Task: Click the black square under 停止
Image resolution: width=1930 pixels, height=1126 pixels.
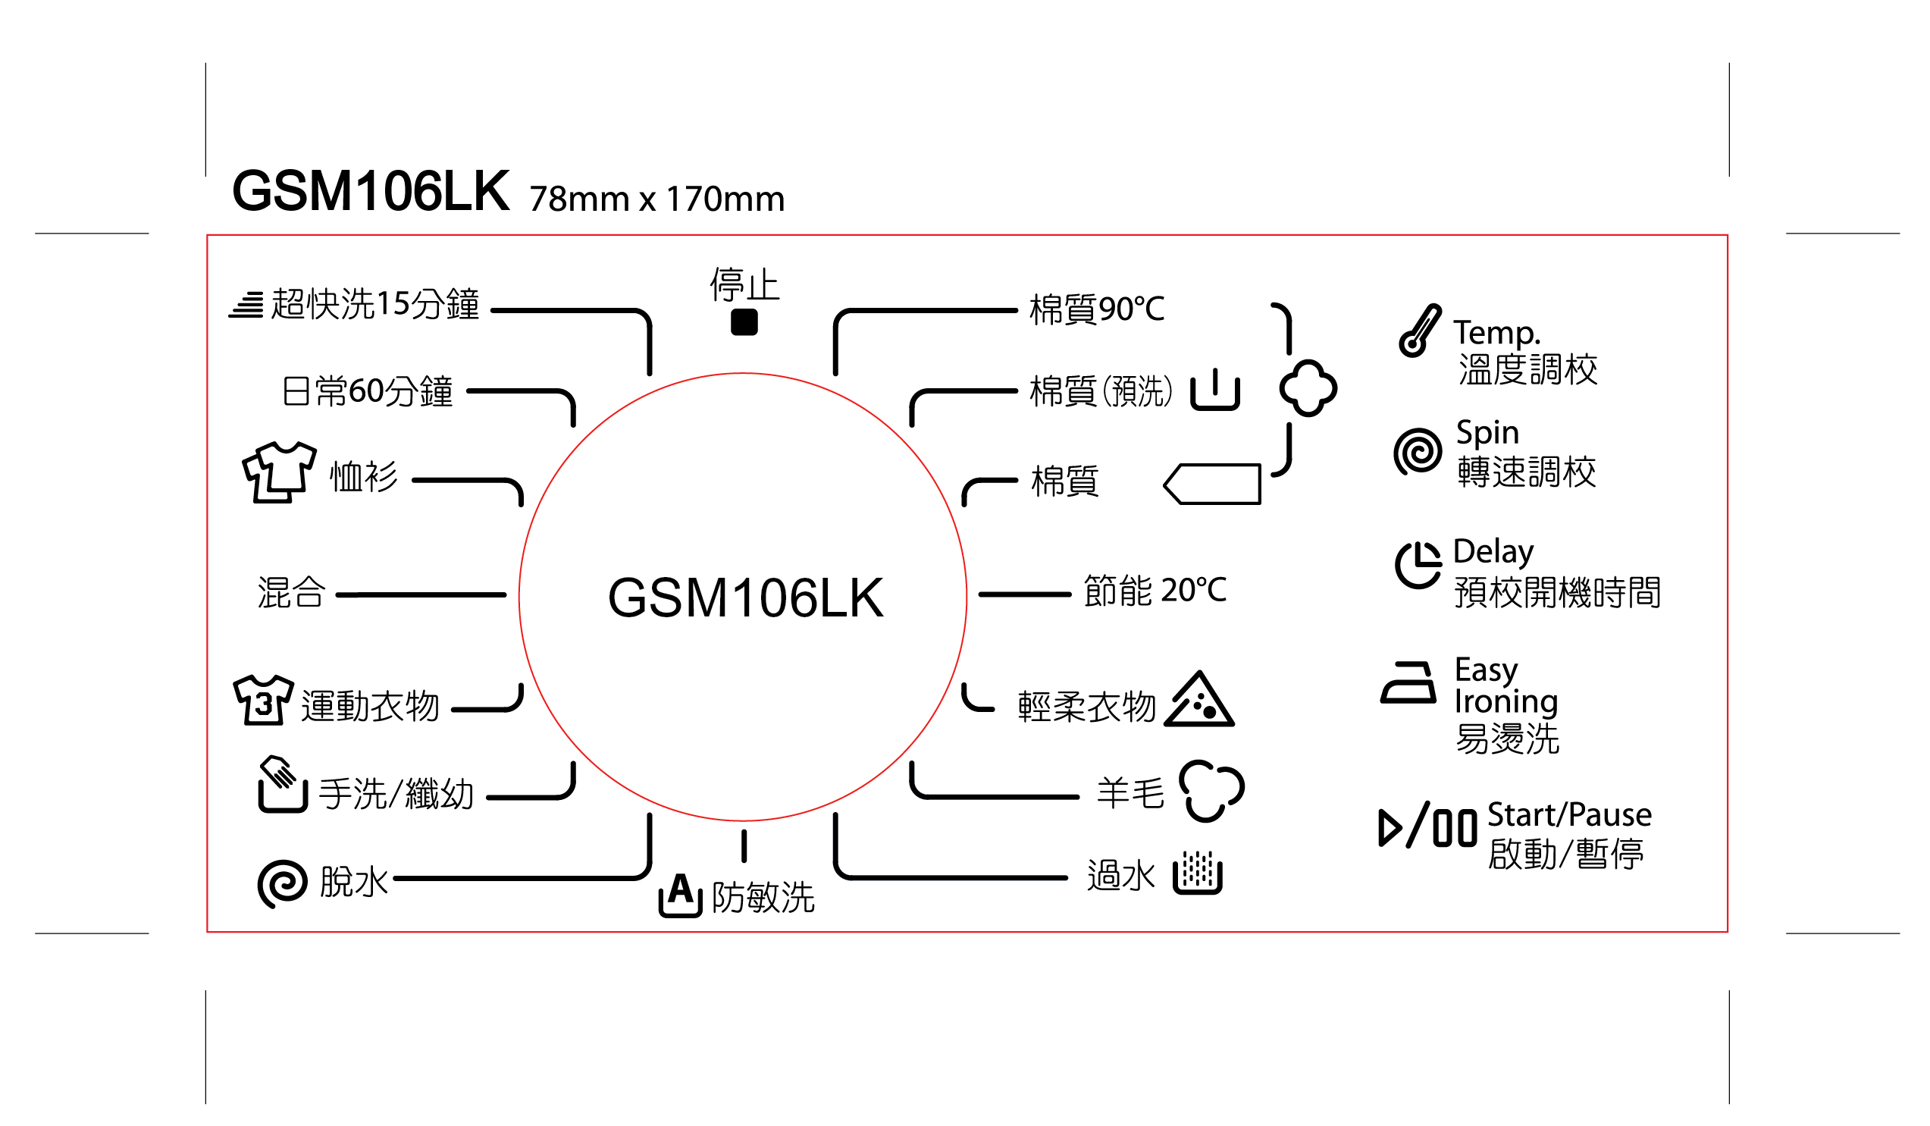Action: click(744, 322)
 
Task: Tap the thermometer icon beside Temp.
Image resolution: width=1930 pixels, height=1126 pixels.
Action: click(1419, 331)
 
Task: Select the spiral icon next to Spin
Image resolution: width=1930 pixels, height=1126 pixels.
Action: click(1418, 451)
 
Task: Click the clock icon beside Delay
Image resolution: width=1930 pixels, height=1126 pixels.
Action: click(1418, 565)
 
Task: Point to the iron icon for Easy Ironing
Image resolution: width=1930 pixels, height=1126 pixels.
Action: click(1408, 682)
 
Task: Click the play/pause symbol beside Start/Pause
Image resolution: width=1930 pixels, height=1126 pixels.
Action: click(1427, 827)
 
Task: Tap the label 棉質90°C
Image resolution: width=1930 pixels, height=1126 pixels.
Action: click(1097, 309)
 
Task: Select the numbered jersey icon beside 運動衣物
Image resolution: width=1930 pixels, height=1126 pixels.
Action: click(263, 700)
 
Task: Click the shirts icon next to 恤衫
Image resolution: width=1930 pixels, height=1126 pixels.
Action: click(279, 472)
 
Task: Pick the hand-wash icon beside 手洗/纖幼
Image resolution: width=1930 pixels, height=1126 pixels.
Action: click(282, 784)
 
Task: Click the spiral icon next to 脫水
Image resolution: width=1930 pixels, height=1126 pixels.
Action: click(283, 884)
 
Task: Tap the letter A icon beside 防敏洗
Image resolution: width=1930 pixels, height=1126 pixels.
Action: click(680, 894)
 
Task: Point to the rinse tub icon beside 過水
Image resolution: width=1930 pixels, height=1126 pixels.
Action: click(1198, 874)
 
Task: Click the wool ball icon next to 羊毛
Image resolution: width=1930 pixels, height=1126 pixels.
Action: click(1211, 791)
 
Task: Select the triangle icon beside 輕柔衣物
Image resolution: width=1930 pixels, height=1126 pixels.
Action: click(1198, 700)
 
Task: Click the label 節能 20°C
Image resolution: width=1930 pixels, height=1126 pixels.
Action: click(1155, 591)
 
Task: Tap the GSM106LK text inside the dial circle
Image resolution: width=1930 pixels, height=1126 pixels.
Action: click(745, 598)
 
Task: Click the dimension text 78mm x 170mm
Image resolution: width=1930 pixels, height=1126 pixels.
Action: click(657, 199)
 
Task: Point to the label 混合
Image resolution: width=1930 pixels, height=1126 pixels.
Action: click(291, 593)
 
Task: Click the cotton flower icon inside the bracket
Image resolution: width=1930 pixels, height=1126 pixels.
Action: click(1308, 388)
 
